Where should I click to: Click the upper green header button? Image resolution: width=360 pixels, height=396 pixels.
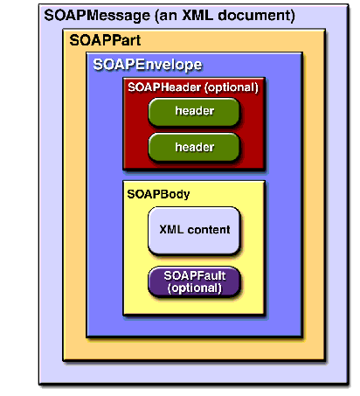(194, 112)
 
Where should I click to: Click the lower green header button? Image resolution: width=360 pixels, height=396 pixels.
(194, 148)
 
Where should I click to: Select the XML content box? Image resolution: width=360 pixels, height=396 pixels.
(194, 231)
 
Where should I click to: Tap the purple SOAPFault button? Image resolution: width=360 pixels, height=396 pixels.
(194, 281)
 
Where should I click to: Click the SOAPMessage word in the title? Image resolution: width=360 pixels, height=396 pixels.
(97, 15)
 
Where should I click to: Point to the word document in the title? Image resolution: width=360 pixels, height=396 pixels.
(256, 15)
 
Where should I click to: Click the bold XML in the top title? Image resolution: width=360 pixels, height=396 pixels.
(197, 15)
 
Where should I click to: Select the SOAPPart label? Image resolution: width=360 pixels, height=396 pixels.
(105, 40)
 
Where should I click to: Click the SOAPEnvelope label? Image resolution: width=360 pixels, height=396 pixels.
(148, 65)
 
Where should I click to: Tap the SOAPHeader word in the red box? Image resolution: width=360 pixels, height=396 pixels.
(164, 87)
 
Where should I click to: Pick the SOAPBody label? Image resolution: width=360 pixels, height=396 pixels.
(158, 194)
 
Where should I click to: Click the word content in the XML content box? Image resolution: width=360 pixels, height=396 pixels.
(209, 230)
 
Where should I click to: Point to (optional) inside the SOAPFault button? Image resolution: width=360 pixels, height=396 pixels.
(195, 288)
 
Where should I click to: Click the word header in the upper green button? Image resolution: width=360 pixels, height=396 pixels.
(195, 111)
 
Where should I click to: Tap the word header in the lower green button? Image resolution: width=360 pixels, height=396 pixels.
(195, 147)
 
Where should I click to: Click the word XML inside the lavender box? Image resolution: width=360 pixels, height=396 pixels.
(171, 230)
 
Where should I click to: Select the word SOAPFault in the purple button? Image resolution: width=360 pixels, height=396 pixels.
(195, 275)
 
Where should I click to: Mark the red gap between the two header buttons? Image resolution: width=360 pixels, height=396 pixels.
(194, 130)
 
